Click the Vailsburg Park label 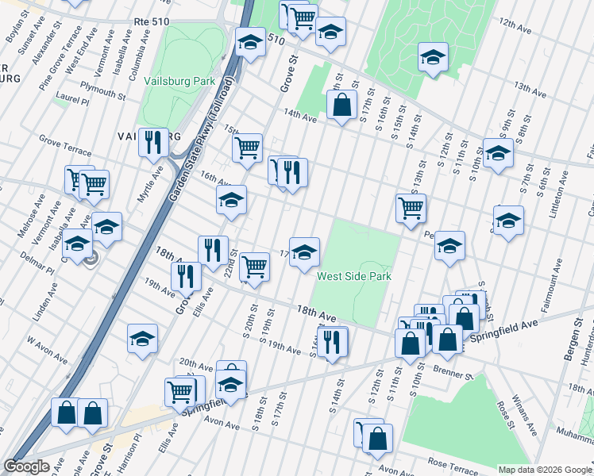(x=180, y=81)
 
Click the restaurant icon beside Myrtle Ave (x=153, y=143)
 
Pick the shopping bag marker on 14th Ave (x=341, y=105)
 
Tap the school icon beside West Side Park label (x=304, y=252)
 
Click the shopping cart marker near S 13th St (x=411, y=209)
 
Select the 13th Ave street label (x=532, y=86)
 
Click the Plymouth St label (x=102, y=90)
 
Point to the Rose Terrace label (x=450, y=462)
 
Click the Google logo (x=28, y=466)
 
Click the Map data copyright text (x=545, y=470)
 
